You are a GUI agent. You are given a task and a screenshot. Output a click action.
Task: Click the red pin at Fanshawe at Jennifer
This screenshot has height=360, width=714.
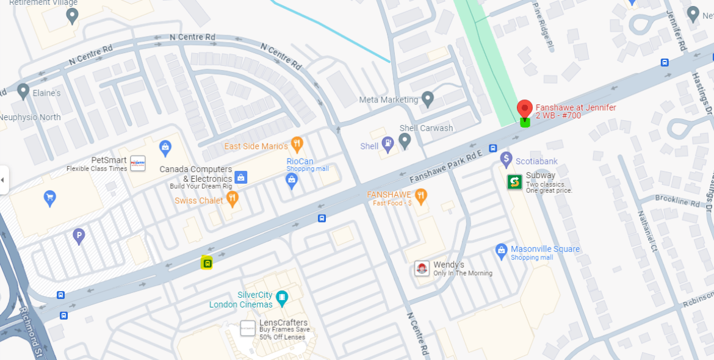[524, 109]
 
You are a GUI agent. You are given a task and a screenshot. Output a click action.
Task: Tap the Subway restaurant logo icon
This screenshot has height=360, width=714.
[514, 182]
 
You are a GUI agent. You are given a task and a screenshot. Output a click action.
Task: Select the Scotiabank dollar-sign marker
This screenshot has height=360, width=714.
[506, 159]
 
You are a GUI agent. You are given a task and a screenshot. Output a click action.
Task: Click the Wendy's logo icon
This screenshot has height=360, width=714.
[422, 268]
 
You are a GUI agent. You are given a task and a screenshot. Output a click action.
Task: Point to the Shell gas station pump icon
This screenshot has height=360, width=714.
[387, 144]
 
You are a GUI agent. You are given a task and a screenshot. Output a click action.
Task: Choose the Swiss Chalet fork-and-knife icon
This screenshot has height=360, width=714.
[232, 197]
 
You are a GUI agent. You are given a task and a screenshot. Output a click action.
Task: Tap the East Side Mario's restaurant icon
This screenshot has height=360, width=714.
[297, 144]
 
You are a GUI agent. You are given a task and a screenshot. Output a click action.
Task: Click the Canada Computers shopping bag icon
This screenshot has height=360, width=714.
[240, 177]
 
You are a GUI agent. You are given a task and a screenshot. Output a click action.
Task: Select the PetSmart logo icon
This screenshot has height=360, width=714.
[138, 163]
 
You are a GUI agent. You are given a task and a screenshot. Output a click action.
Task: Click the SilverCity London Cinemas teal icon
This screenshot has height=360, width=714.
[281, 298]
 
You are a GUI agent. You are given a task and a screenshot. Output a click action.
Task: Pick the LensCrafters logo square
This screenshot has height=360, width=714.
[248, 328]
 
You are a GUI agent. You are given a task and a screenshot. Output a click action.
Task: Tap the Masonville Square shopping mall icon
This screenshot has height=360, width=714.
[502, 250]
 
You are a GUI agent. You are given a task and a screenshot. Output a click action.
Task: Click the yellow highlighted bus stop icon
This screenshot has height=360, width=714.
[207, 263]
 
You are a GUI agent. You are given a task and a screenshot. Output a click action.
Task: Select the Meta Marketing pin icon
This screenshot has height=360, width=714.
[428, 98]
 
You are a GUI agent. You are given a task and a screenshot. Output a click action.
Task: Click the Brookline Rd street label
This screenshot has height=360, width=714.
[677, 200]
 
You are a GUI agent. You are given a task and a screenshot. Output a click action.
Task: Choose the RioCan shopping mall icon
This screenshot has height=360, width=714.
[292, 179]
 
